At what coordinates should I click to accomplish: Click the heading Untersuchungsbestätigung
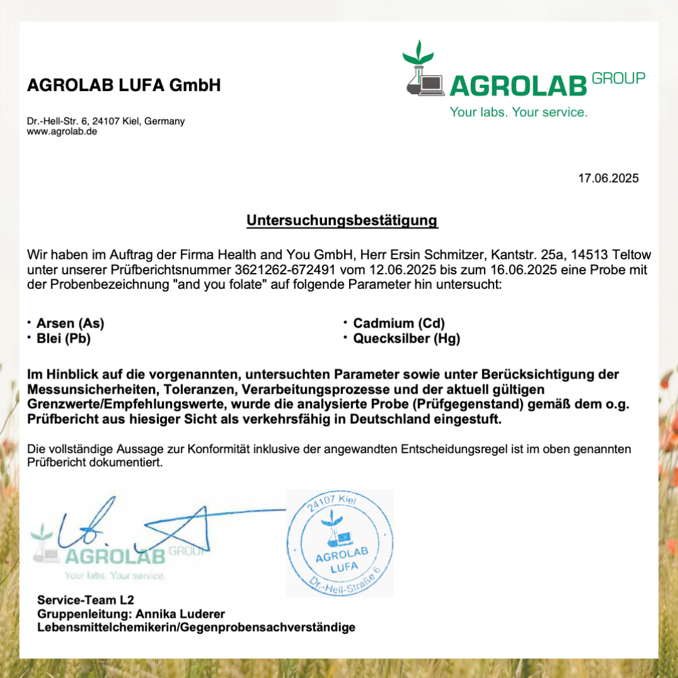[342, 221]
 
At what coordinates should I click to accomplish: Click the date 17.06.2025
[608, 178]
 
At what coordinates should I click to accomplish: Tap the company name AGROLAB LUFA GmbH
[124, 85]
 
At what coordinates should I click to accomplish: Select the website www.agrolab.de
[62, 132]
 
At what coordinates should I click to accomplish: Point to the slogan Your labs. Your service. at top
[519, 112]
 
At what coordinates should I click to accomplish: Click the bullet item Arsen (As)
[70, 323]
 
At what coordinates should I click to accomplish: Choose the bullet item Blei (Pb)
[63, 338]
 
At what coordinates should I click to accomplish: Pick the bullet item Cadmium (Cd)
[399, 323]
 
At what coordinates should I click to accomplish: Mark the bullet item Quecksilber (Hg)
[406, 338]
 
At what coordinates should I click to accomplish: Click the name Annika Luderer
[180, 613]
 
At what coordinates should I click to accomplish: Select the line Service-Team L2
[85, 600]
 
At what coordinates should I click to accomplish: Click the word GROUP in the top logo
[618, 78]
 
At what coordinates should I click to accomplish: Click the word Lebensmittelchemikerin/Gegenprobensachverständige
[196, 627]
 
